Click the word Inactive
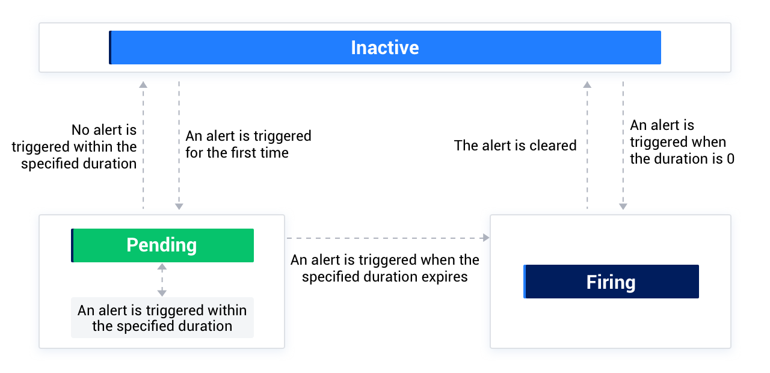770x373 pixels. point(385,48)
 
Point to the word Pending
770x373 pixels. point(161,245)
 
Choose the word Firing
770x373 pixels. point(611,282)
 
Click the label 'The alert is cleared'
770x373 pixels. point(515,145)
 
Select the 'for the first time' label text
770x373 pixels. point(237,153)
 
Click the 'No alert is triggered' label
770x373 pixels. point(74,146)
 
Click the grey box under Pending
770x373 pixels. point(162,318)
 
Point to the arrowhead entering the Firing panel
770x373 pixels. point(486,238)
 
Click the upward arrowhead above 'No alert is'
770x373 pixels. point(143,85)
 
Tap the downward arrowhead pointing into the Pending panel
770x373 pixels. point(179,206)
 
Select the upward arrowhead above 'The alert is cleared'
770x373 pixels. point(587,85)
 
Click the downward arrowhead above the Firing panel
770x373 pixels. point(623,206)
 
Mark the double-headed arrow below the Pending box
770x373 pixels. point(162,280)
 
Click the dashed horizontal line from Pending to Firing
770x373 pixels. point(385,238)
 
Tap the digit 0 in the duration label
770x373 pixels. point(730,159)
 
